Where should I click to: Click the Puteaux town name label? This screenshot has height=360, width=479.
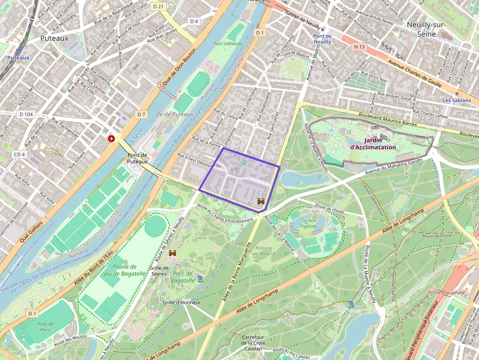pos(54,38)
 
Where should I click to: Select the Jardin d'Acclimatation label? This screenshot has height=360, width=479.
pos(373,143)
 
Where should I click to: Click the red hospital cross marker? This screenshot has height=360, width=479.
pos(111,139)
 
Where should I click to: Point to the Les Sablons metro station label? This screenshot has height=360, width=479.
pos(457,100)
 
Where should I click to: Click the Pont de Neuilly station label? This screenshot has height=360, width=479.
pos(322,39)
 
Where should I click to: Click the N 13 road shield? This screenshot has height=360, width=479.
pos(359,46)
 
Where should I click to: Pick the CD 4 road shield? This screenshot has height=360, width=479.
pos(19,154)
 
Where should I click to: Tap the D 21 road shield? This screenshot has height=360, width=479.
pos(158,6)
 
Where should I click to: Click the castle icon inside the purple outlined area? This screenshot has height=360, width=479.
pos(261,201)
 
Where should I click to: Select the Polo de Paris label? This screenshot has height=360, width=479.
pos(45,326)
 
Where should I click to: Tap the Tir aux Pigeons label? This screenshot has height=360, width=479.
pos(308,223)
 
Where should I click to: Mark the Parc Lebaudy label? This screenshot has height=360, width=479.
pos(228,44)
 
